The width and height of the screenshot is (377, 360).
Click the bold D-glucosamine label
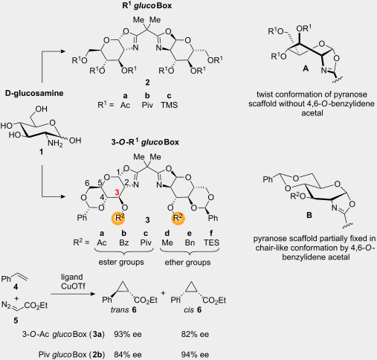(x=34, y=93)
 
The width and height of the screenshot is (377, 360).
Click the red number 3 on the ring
(x=117, y=192)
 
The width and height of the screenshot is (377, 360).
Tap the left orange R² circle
(x=118, y=218)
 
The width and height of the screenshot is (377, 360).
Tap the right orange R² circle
(x=178, y=218)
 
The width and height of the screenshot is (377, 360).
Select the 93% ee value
(x=128, y=334)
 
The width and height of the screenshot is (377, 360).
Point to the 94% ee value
(x=195, y=355)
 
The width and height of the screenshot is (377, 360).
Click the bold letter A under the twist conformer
(x=306, y=68)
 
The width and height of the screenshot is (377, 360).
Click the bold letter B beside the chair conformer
(x=309, y=215)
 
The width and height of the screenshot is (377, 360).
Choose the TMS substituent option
(x=169, y=105)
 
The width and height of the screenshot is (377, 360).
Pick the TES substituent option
(x=211, y=242)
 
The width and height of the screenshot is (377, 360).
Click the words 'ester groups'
(x=121, y=262)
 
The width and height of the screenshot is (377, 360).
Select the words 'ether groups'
(x=187, y=262)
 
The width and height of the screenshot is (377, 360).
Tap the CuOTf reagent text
(x=73, y=286)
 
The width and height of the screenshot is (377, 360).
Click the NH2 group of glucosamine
(x=55, y=144)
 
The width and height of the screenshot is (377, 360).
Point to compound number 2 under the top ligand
(x=147, y=83)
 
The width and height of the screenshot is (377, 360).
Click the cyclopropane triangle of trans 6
(x=123, y=288)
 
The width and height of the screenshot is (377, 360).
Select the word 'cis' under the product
(x=189, y=309)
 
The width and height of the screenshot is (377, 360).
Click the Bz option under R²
(x=123, y=242)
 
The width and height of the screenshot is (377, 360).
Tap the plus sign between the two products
(x=163, y=293)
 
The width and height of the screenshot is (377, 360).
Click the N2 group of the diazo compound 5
(x=6, y=304)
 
